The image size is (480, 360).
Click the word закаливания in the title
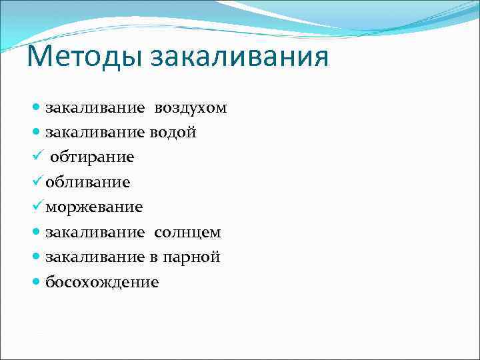239,55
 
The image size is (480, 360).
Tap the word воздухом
191,108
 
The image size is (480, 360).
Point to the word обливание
88,182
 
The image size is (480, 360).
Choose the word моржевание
94,207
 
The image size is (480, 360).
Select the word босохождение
102,282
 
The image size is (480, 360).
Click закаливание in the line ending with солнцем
95,233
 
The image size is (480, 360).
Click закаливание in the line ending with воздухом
95,108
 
